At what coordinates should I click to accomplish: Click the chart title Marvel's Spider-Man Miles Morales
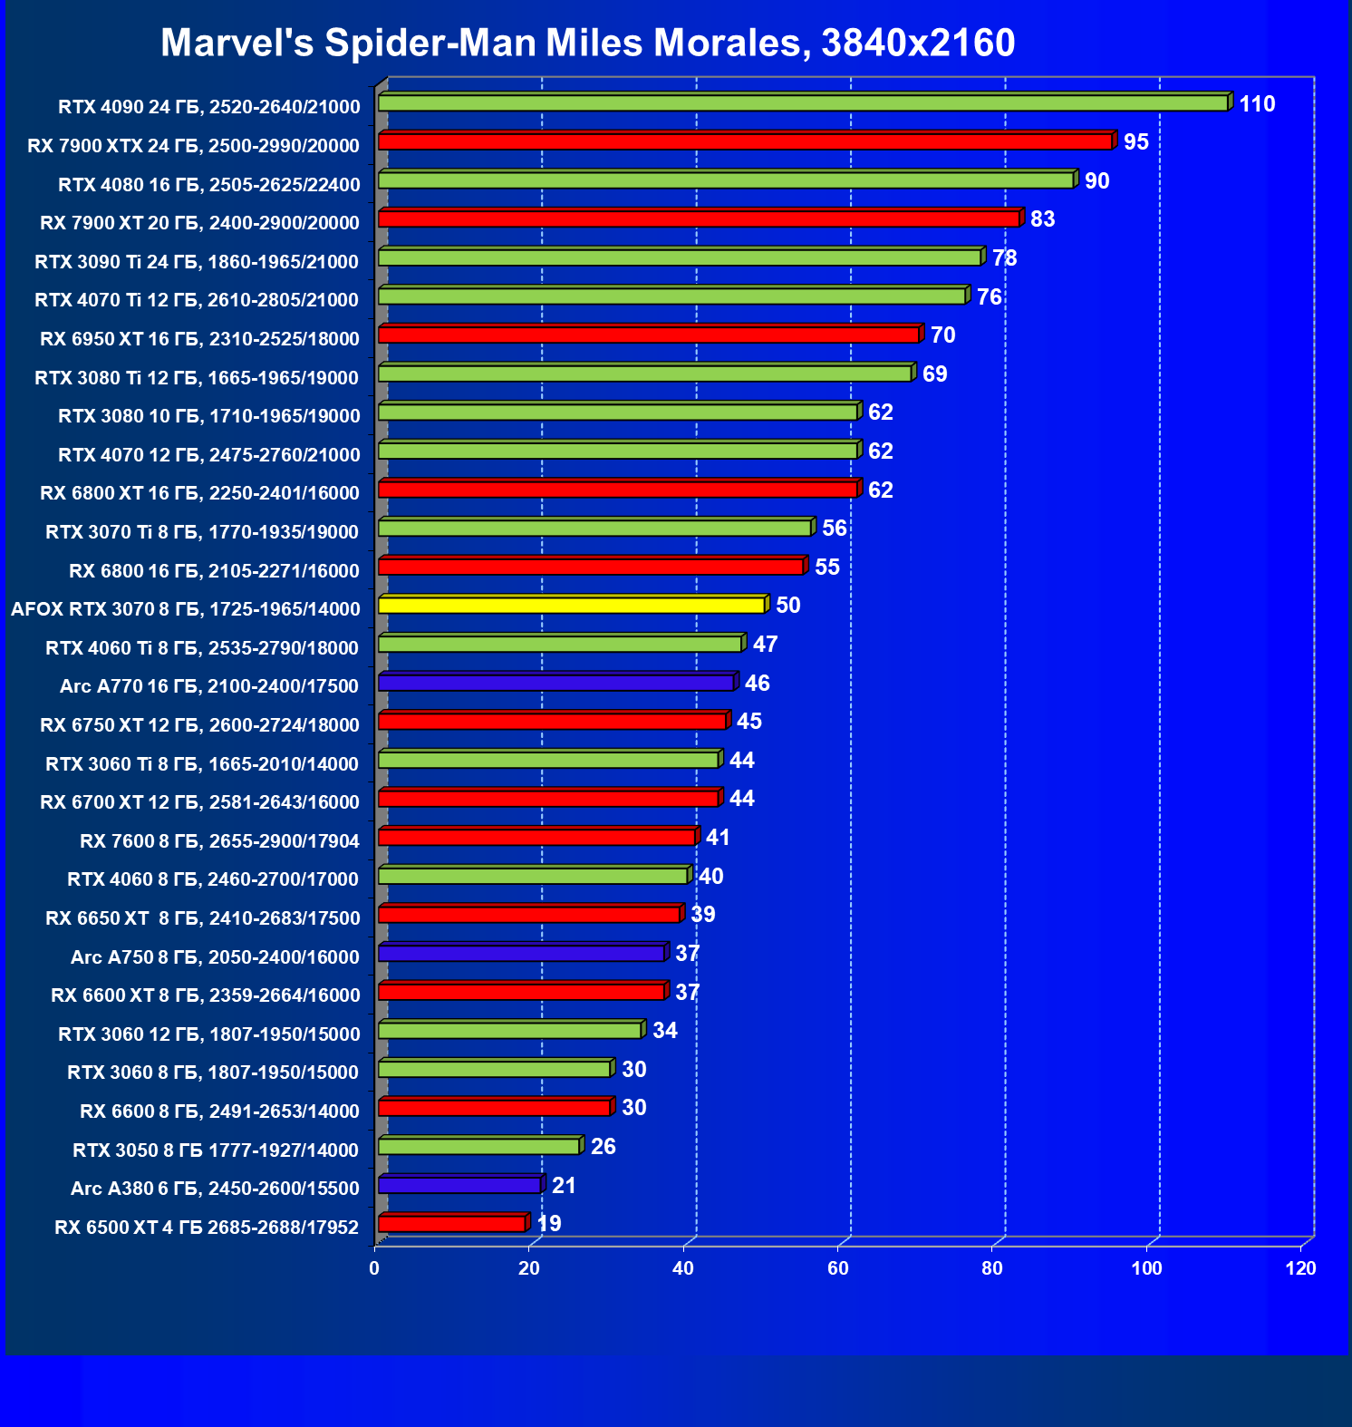587,43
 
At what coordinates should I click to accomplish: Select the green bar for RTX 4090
803,103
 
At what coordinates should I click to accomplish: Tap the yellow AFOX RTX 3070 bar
572,605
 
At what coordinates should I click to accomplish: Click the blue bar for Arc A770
555,683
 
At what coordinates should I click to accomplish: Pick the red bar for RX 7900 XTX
745,141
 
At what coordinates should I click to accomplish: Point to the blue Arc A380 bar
459,1185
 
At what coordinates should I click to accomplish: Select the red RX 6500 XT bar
451,1224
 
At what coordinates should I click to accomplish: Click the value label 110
1257,104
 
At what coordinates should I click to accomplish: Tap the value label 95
1135,142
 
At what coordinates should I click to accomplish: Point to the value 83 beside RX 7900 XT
1042,219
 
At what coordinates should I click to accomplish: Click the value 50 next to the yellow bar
787,606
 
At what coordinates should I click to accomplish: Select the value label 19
549,1224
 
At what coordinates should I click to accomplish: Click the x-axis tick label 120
1300,1268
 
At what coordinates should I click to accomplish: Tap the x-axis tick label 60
837,1268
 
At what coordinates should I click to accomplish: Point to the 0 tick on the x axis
374,1268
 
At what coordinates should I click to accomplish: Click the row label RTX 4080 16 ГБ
208,185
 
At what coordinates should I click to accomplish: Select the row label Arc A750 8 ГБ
215,957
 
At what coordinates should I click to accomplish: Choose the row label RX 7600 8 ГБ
219,841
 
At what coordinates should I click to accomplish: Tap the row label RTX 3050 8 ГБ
216,1150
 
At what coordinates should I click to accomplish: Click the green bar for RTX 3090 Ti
680,257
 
